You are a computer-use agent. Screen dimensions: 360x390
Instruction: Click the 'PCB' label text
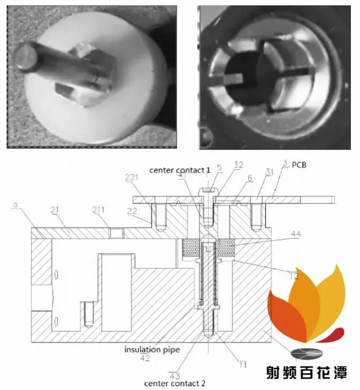[299, 165]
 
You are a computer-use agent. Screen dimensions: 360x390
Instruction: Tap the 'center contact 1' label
[180, 170]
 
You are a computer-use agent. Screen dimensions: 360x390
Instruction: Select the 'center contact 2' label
[175, 384]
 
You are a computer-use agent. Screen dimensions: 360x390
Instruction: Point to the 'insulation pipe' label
[152, 349]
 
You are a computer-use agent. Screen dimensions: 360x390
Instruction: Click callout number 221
[131, 177]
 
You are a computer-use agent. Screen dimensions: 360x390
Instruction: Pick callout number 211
[98, 210]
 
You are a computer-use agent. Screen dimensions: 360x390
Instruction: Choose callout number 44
[296, 234]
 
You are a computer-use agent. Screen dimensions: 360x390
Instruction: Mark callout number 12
[293, 276]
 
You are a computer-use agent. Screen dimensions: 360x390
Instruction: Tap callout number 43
[174, 376]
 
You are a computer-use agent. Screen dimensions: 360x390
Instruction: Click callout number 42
[145, 358]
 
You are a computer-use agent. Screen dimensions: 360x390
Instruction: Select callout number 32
[239, 165]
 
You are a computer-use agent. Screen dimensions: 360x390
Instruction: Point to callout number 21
[55, 210]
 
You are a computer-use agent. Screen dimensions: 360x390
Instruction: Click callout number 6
[250, 178]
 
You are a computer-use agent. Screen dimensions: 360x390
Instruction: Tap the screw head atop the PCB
[208, 192]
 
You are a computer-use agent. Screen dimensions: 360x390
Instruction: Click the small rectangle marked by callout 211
[117, 233]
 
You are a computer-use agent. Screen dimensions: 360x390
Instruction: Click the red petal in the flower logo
[332, 334]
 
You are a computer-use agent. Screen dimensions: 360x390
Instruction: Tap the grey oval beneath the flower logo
[307, 354]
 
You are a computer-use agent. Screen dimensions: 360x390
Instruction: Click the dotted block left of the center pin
[190, 248]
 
